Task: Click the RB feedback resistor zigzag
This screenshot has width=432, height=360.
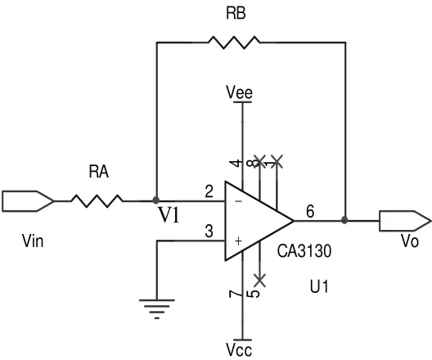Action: (x=234, y=43)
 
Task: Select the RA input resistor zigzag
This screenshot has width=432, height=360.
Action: (x=97, y=201)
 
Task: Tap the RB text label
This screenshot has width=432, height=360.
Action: (x=236, y=13)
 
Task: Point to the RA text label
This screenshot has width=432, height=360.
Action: (x=99, y=171)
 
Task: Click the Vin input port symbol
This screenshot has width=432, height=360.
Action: (x=28, y=201)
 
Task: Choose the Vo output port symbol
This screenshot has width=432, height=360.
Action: (x=405, y=221)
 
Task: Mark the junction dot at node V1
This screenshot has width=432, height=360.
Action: (x=156, y=200)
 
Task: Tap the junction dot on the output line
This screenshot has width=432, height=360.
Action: (x=344, y=220)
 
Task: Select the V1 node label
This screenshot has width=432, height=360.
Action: (x=169, y=215)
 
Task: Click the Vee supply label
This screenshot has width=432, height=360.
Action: (x=239, y=92)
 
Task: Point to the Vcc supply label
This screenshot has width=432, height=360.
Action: (x=239, y=350)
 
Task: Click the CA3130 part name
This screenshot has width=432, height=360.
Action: (x=304, y=251)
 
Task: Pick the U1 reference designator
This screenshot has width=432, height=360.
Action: (x=319, y=286)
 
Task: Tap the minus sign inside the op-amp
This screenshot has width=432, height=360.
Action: (x=239, y=201)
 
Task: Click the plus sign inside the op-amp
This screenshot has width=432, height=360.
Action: (x=239, y=241)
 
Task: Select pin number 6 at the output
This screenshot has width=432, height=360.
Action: (x=310, y=212)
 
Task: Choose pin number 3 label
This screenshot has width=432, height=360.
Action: (x=209, y=232)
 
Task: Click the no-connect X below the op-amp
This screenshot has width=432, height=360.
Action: (x=260, y=281)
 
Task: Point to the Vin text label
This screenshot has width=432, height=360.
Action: (x=33, y=241)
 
